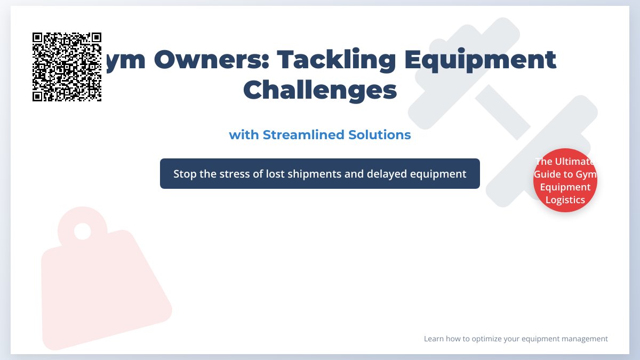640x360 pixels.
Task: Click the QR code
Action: pos(67,67)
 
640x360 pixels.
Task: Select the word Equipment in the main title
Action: pos(480,60)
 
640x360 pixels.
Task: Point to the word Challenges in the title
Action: pos(320,90)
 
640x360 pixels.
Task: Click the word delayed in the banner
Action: pos(386,174)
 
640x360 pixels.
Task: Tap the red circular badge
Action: pos(565,180)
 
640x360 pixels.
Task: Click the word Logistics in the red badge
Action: pos(565,200)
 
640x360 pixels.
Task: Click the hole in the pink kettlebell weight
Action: pos(82,231)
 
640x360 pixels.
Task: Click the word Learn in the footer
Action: pos(433,339)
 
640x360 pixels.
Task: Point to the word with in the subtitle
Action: pos(244,135)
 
